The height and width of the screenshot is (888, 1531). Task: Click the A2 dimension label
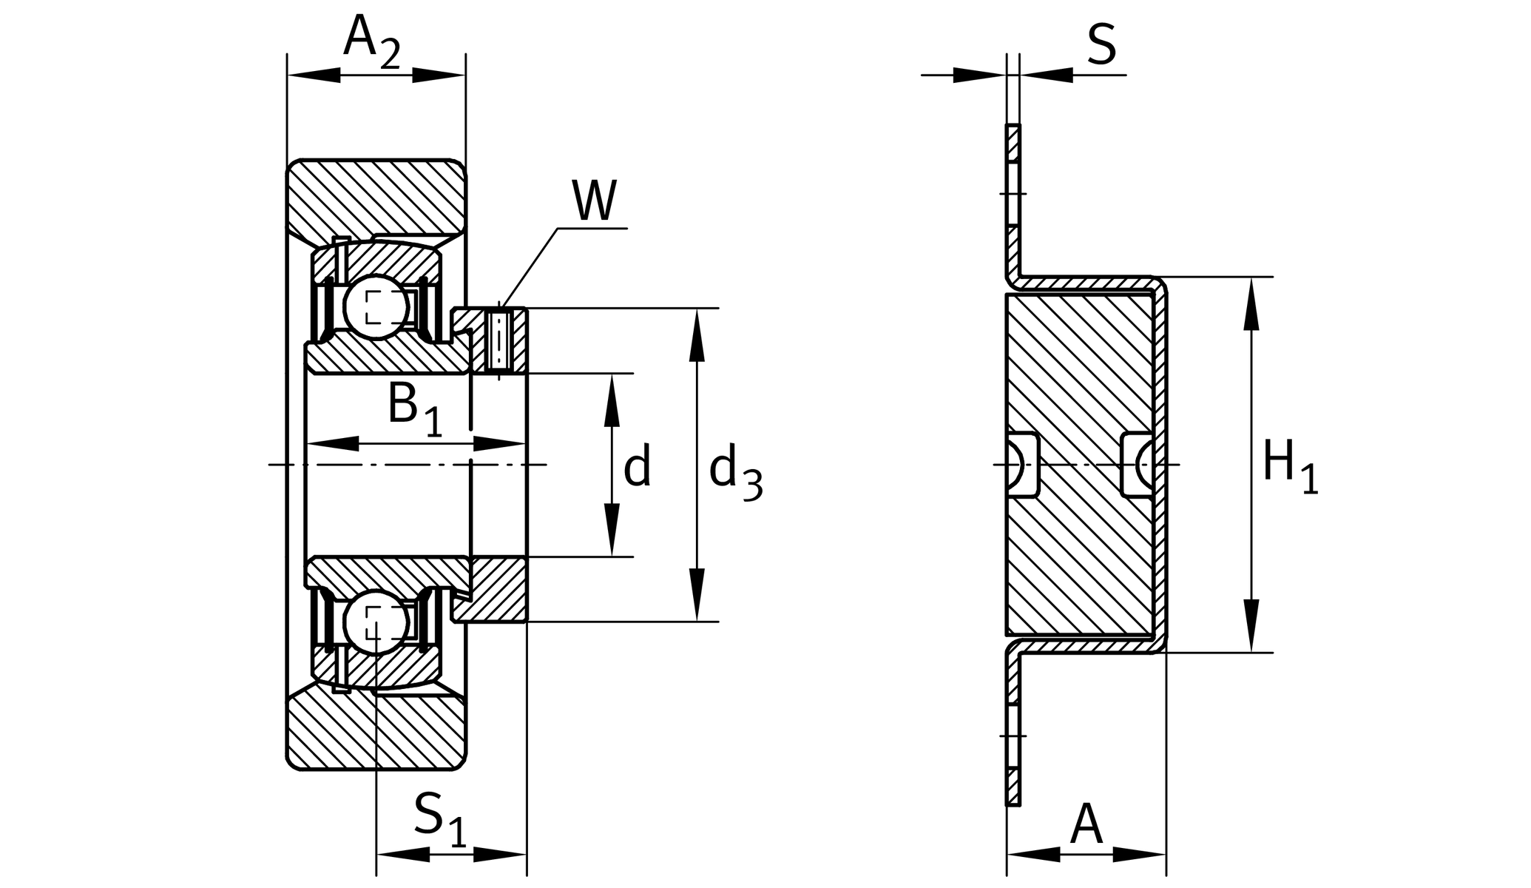371,41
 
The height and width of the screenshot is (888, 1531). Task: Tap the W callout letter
594,201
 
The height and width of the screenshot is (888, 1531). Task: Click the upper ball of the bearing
376,306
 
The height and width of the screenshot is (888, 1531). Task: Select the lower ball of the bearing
376,621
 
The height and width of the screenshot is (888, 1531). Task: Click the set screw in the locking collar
499,341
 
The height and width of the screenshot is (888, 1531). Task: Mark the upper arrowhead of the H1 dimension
1251,303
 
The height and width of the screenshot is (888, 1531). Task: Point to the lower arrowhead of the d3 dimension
696,595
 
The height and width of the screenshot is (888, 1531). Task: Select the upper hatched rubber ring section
376,196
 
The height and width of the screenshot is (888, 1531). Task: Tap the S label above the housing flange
1101,44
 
